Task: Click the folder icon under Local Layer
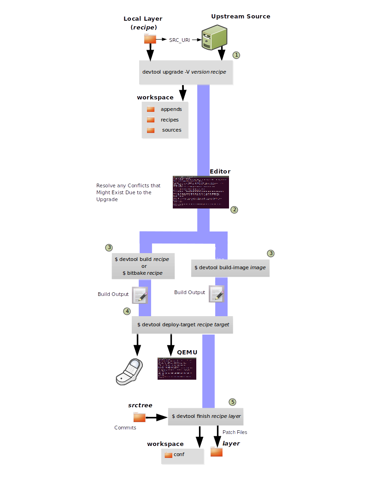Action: point(150,39)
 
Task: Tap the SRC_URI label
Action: point(180,40)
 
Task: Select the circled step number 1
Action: point(236,55)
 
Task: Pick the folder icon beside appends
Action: point(151,110)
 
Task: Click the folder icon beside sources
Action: point(151,130)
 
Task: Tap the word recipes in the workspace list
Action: point(170,120)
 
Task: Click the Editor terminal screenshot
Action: point(200,192)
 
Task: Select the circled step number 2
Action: point(235,209)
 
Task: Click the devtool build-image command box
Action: point(230,267)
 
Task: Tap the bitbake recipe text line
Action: point(142,273)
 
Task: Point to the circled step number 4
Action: point(127,311)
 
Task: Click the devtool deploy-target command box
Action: point(183,324)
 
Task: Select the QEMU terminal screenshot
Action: point(177,368)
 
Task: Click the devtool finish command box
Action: point(206,416)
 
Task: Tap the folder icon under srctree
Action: point(139,417)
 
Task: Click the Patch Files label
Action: point(235,432)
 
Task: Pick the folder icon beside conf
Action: point(168,455)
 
